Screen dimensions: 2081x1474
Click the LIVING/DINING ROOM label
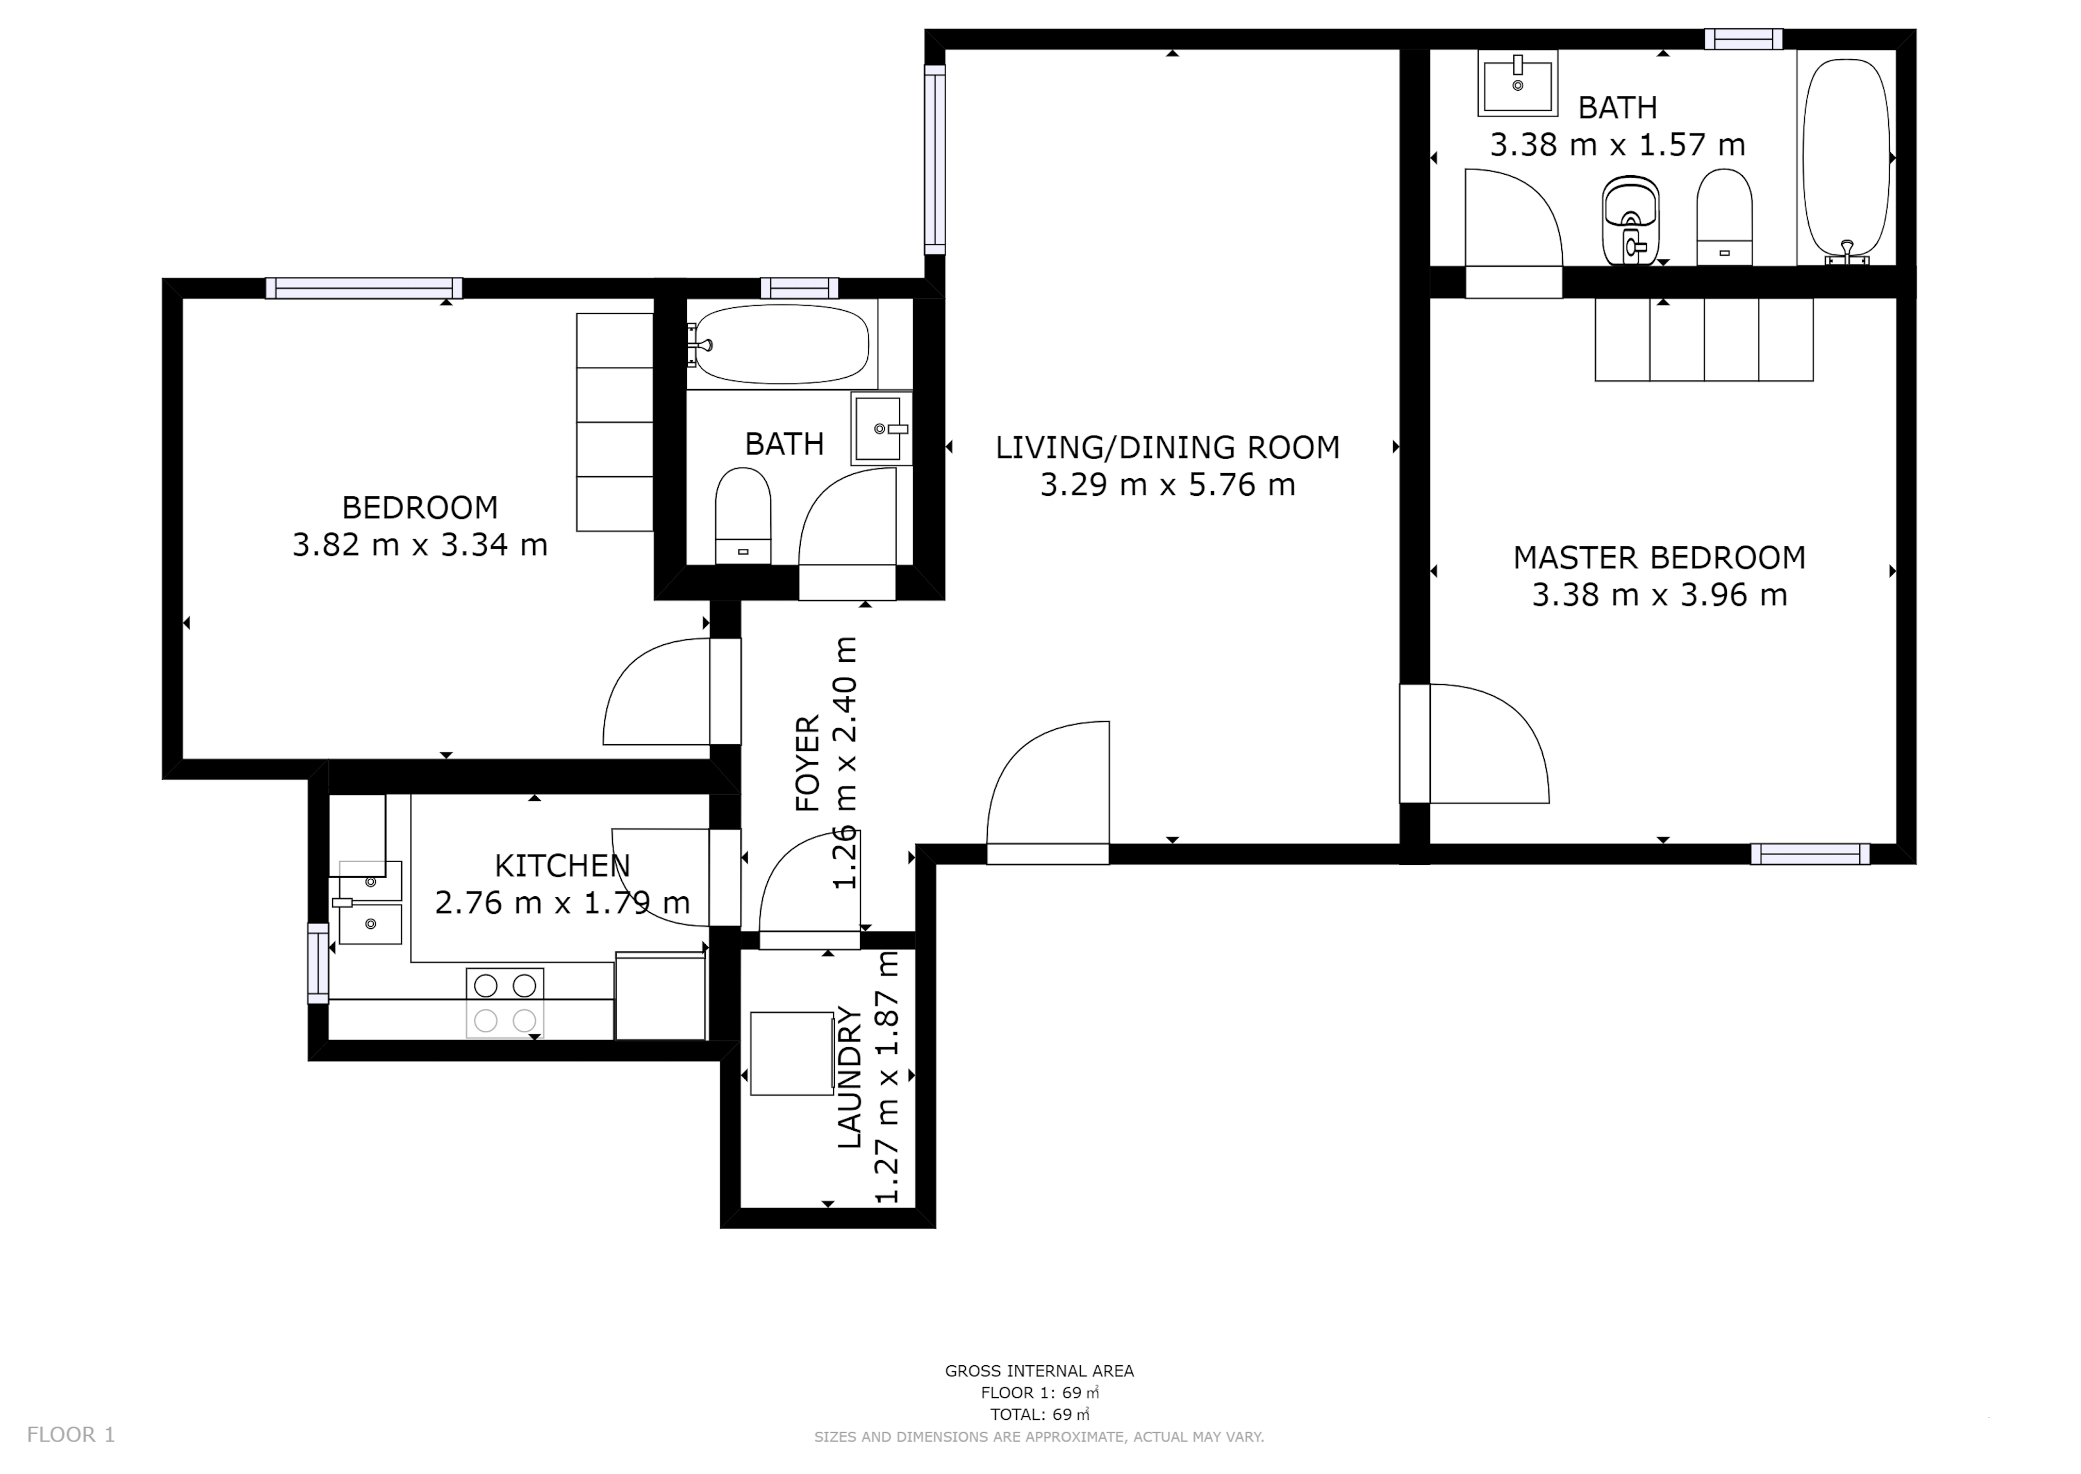pos(1168,447)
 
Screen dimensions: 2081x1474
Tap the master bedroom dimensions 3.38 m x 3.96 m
pos(1660,595)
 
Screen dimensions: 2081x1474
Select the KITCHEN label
pos(562,866)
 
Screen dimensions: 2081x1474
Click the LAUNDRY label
pos(849,1077)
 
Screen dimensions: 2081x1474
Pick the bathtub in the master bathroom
pos(1846,161)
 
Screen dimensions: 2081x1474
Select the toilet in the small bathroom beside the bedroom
pos(742,515)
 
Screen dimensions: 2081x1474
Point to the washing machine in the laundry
pos(792,1054)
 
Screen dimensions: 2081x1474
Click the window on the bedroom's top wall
pos(364,289)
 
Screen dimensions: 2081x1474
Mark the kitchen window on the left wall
pos(318,963)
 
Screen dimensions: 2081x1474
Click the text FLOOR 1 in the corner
pos(71,1435)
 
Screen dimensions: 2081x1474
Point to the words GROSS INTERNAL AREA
pos(1039,1371)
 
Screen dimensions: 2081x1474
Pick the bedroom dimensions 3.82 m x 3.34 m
pos(420,545)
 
